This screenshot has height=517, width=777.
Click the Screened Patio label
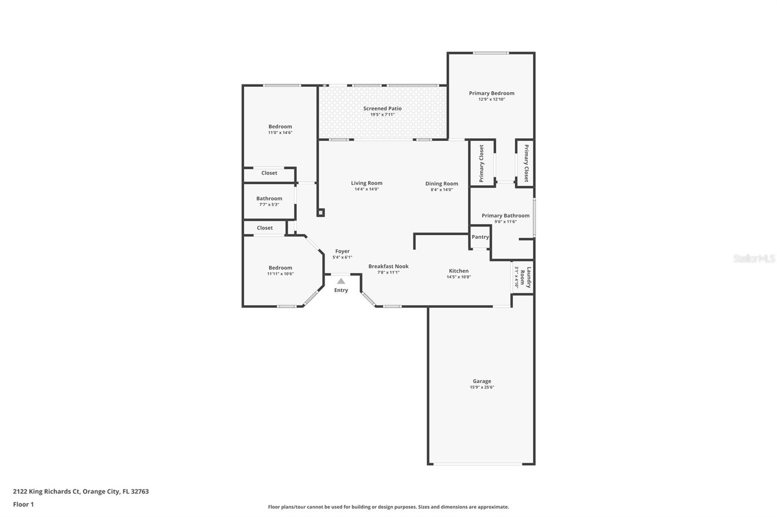[382, 109]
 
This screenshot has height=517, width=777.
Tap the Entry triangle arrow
[341, 281]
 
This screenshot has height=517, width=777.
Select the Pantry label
[480, 237]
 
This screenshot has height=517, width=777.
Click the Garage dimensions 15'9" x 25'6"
[482, 388]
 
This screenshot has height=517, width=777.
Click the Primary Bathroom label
[505, 216]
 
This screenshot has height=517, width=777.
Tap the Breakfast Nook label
[388, 266]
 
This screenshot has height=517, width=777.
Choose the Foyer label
[342, 251]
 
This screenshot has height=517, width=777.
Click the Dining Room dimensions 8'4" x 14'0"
[441, 190]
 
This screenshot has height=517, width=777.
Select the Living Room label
[367, 183]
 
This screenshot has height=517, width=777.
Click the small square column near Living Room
[321, 212]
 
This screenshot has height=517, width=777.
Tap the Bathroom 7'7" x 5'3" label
[269, 198]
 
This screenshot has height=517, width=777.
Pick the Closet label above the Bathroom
[269, 173]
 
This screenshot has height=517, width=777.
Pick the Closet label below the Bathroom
[265, 228]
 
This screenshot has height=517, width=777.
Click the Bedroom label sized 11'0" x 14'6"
[280, 127]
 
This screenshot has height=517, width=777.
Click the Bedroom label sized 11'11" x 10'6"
[280, 268]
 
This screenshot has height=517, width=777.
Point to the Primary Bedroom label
[491, 93]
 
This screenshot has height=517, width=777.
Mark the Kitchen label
[458, 271]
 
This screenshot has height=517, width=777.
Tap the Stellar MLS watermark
[754, 258]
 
